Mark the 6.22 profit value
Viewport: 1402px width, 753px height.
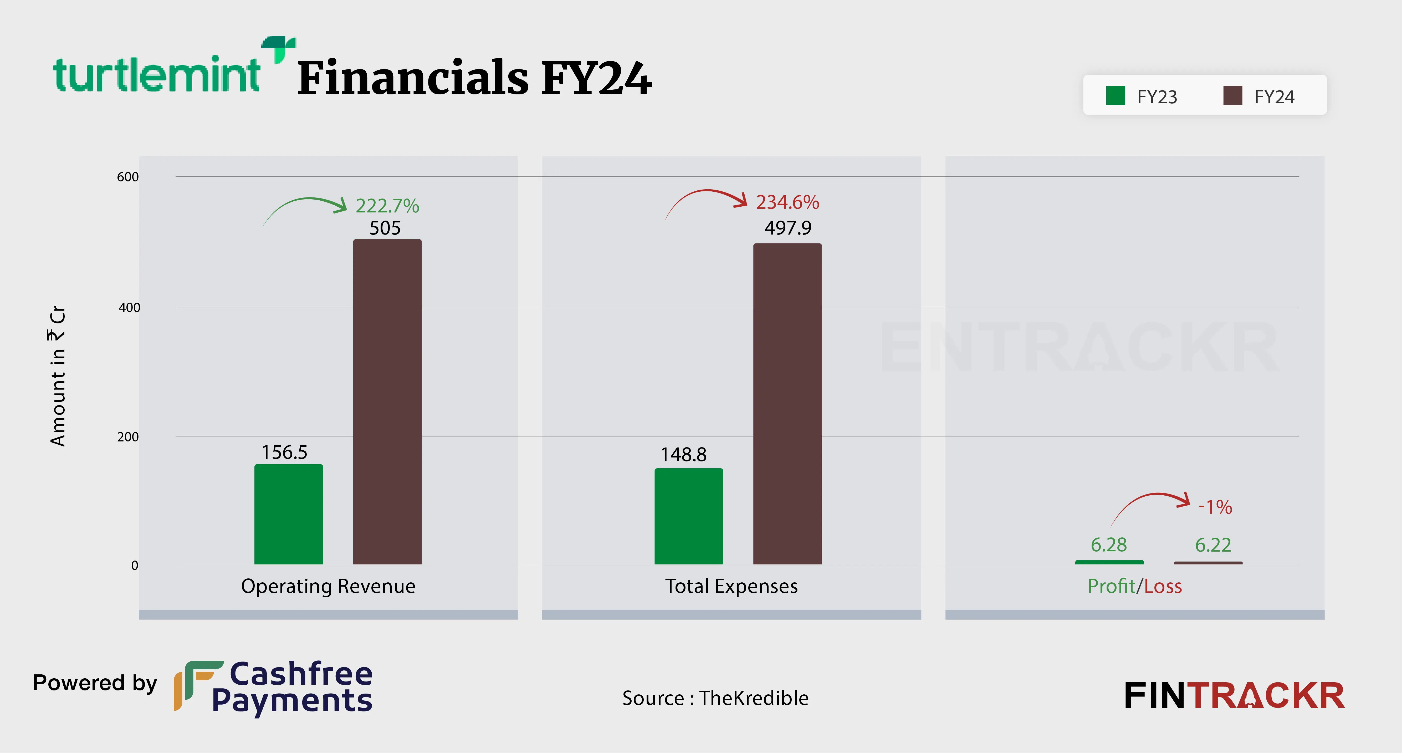(x=1212, y=545)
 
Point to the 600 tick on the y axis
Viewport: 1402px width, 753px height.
(x=128, y=177)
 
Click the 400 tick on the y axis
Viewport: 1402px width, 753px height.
(x=129, y=308)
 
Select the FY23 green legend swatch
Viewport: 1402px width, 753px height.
(x=1115, y=96)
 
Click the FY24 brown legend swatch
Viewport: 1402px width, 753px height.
(x=1232, y=96)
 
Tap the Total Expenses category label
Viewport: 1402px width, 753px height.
(x=731, y=586)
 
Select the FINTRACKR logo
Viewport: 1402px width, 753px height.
(x=1234, y=696)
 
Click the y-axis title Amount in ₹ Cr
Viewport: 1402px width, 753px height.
(x=58, y=376)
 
